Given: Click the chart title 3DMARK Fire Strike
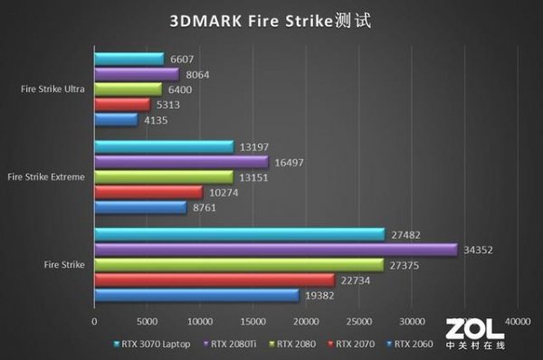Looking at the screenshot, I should click(x=271, y=19).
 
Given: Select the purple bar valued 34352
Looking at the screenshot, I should click(x=275, y=249).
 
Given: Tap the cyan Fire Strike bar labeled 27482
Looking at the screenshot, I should click(x=240, y=233).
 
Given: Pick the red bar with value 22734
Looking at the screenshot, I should click(x=214, y=279).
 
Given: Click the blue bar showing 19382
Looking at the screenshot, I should click(x=196, y=295).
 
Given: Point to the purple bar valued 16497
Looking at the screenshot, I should click(x=181, y=161).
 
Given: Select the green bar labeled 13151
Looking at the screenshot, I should click(x=164, y=176).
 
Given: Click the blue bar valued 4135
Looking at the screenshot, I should click(x=116, y=119).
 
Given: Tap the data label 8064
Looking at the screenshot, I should click(x=196, y=74).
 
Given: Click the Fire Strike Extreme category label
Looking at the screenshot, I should click(x=47, y=176).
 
